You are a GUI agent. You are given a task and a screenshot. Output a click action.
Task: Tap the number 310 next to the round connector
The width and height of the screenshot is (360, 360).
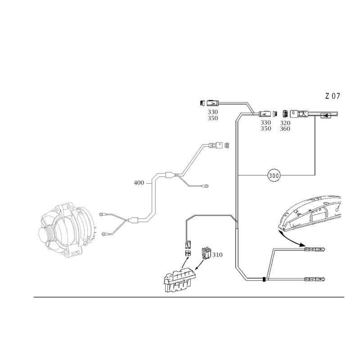coord(217,256)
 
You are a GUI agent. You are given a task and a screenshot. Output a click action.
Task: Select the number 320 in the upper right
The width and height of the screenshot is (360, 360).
coord(285,122)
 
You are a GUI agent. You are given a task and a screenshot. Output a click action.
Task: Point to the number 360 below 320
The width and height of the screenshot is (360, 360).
coord(285,128)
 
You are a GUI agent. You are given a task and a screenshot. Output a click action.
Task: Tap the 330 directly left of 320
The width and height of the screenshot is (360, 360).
coord(265,122)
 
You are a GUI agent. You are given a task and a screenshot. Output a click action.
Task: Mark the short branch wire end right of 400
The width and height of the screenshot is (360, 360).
coord(205,185)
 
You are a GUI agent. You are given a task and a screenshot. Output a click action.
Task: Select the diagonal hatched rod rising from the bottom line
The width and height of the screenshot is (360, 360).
coord(270,265)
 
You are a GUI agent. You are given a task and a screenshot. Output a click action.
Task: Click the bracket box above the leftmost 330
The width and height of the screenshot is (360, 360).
coord(210,102)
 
